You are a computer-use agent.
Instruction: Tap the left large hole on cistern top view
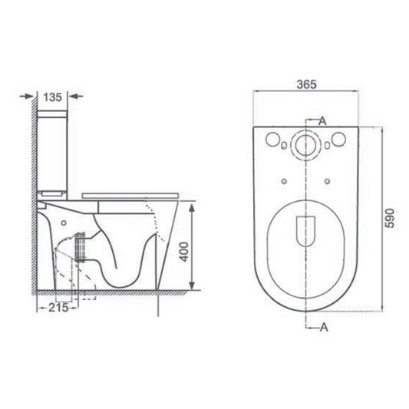(x=272, y=140)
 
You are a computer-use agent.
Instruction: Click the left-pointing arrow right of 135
(x=74, y=97)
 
